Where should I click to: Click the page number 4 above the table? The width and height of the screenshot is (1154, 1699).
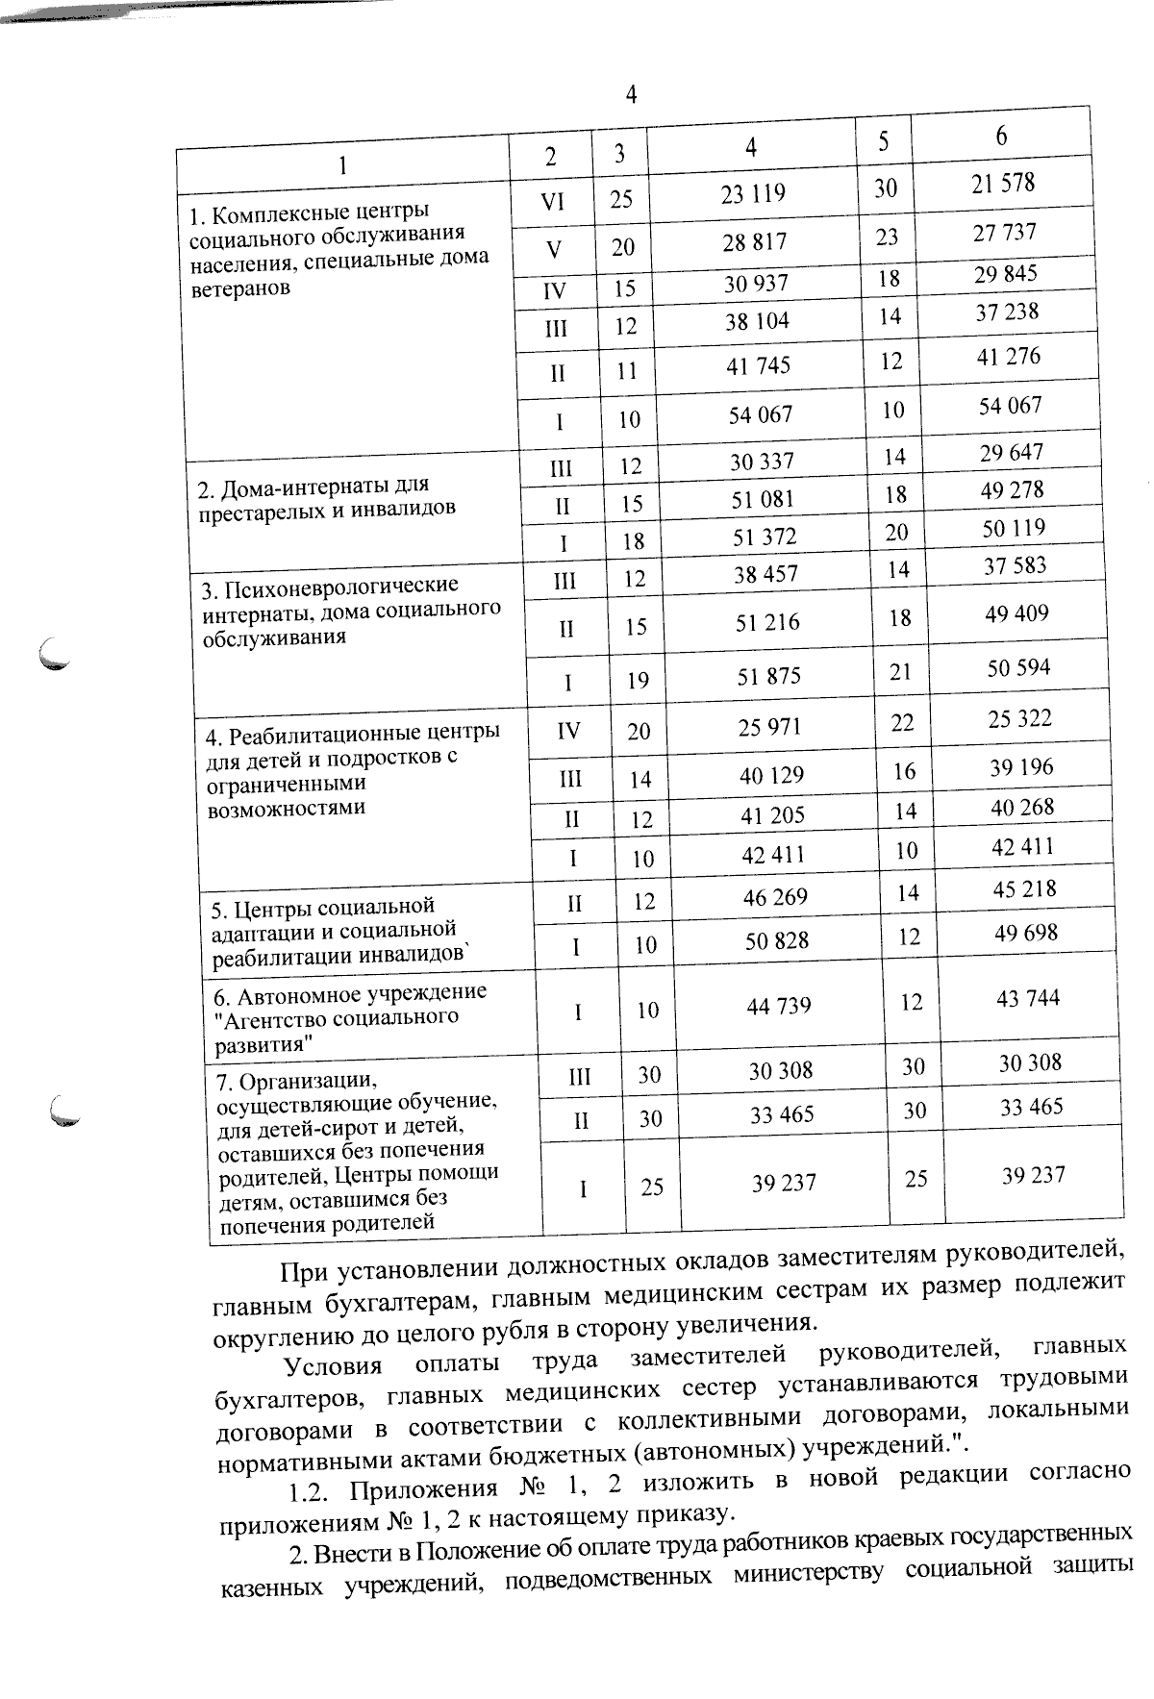pos(631,94)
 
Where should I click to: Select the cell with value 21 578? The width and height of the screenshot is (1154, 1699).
pos(1002,183)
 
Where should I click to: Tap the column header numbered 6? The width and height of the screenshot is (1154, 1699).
pos(1001,136)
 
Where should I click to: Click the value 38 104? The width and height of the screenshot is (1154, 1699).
pos(757,322)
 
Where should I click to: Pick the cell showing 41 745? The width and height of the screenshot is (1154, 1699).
pos(759,366)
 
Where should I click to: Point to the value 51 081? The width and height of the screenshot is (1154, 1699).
pos(764,499)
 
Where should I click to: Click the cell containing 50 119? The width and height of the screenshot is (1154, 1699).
pos(1014,528)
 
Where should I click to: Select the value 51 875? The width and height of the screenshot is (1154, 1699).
pos(768,676)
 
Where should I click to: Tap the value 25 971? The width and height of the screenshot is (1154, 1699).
pos(769,728)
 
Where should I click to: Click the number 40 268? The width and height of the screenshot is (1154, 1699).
pos(1022,808)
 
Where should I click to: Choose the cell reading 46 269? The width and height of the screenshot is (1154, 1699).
pos(775,897)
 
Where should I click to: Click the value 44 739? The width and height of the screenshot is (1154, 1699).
pos(779,1007)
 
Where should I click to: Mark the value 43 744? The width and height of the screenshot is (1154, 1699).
pos(1028,999)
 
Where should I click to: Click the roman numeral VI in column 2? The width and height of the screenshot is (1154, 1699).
pos(552,202)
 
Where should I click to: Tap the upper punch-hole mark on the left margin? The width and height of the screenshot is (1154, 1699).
pos(56,654)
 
